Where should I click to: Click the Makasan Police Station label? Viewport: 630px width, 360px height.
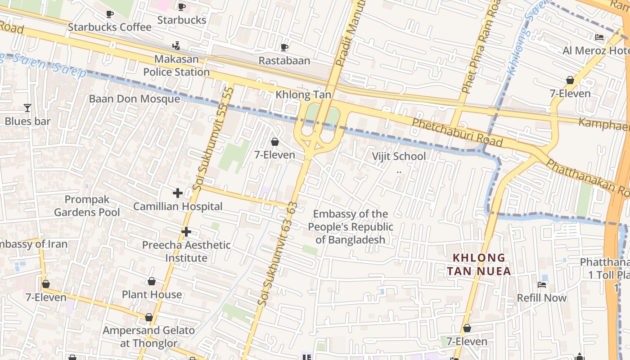click(176, 66)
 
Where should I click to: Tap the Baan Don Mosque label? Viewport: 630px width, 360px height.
click(135, 99)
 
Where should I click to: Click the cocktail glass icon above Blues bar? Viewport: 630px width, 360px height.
click(27, 108)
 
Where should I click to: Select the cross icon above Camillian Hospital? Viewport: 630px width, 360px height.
click(178, 193)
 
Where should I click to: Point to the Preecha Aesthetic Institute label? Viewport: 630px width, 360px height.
click(186, 252)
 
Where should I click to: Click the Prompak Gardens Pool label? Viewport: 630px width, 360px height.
click(87, 206)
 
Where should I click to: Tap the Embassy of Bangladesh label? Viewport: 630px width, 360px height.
click(351, 227)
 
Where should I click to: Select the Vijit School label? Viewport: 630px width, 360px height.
click(399, 157)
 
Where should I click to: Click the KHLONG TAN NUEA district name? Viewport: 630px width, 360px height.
click(479, 265)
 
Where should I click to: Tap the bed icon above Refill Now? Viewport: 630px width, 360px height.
click(542, 284)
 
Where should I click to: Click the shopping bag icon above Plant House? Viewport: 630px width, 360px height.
click(152, 282)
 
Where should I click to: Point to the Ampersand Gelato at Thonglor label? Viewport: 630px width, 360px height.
click(148, 337)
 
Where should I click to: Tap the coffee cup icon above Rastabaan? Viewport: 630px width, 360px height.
click(284, 47)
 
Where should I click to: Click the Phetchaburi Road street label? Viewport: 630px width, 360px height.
click(457, 132)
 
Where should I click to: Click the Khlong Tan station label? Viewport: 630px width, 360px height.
click(303, 95)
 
